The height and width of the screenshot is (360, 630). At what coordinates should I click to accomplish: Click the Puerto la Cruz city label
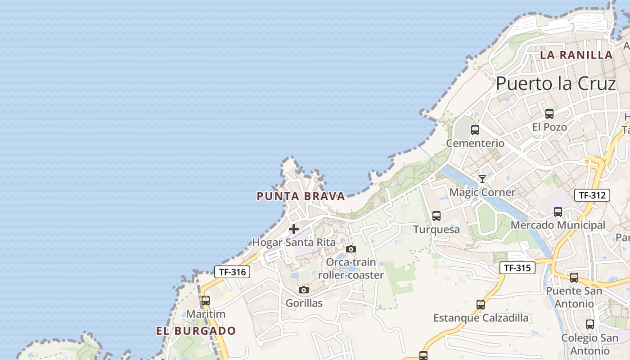pos(555,84)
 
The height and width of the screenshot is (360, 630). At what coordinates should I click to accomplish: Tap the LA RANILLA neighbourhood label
pos(576,55)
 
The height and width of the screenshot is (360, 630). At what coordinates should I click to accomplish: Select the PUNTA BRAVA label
pos(301,196)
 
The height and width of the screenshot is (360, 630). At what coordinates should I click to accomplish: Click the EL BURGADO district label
pos(196,331)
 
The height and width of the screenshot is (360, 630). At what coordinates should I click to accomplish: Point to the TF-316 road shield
pos(232,272)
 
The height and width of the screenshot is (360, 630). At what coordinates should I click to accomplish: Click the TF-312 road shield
pos(592,195)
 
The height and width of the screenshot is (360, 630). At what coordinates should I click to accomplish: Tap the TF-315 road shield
pos(517,268)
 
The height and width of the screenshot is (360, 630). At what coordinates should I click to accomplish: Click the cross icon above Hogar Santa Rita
pos(294,229)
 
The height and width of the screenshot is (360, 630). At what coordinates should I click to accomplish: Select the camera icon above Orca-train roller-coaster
pos(351,249)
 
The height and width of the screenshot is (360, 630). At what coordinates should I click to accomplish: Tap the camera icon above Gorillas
pos(304,290)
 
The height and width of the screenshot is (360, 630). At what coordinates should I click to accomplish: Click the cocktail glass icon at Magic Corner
pos(482,179)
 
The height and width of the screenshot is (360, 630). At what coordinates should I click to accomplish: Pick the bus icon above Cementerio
pos(475,130)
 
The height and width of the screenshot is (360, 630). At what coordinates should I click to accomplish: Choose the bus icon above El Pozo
pos(549,114)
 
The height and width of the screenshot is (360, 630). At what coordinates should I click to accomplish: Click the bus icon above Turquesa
pos(436,216)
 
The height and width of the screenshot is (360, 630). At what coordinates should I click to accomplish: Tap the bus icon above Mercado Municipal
pos(558,211)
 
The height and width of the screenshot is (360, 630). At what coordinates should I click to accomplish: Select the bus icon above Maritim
pos(206,301)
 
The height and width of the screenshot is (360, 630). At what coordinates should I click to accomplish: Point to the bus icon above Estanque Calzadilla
pos(481,305)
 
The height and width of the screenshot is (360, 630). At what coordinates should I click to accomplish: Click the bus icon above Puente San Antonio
pos(574,278)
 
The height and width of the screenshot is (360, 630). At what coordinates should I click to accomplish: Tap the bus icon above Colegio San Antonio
pos(590,324)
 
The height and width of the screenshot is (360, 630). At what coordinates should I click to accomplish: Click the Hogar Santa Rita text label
pos(294,243)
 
